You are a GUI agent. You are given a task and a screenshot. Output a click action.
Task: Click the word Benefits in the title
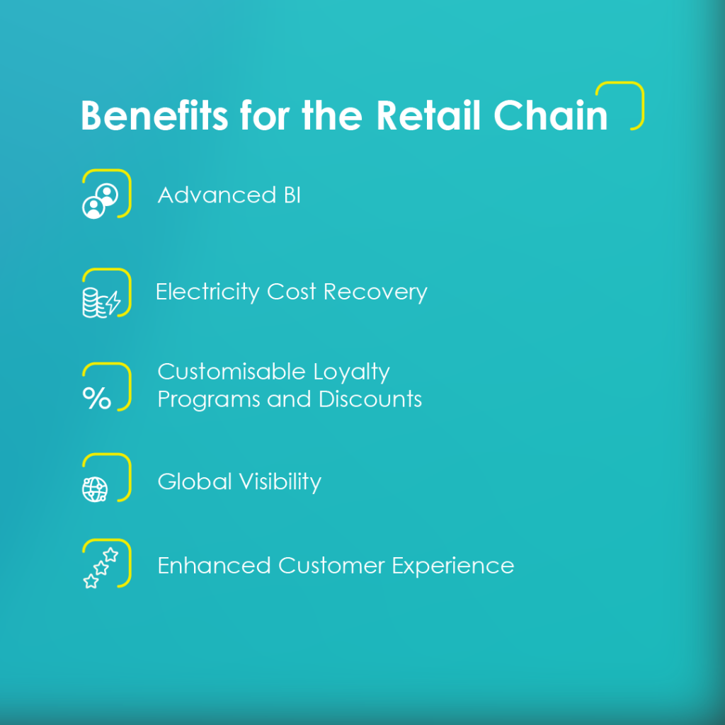click(x=154, y=115)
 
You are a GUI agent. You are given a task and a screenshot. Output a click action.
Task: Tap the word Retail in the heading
click(x=428, y=115)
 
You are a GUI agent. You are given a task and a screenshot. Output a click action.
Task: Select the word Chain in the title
click(x=550, y=115)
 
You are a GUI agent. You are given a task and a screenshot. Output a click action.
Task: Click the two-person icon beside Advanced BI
click(x=100, y=201)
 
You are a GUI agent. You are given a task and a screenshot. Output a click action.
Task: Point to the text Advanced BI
click(x=229, y=195)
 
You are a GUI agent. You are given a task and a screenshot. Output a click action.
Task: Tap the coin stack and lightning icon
click(x=101, y=303)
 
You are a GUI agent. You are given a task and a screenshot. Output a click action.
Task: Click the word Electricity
click(x=207, y=292)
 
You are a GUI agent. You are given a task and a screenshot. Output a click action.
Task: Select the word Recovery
click(x=375, y=292)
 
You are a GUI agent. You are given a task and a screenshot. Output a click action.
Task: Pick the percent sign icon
click(x=96, y=398)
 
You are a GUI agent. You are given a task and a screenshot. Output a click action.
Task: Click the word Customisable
click(x=232, y=371)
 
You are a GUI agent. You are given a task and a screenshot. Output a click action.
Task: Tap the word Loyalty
click(x=351, y=372)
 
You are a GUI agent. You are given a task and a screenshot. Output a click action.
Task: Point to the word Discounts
click(x=370, y=399)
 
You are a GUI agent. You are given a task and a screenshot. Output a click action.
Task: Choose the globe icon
click(x=95, y=489)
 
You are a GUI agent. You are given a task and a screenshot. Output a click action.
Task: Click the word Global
click(x=195, y=481)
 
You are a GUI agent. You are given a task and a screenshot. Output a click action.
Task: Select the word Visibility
click(x=280, y=482)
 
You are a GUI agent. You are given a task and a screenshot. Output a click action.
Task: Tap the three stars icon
click(x=101, y=568)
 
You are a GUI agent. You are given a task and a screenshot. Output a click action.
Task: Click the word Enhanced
click(x=214, y=566)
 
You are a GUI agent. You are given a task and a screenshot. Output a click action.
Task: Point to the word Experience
click(x=453, y=566)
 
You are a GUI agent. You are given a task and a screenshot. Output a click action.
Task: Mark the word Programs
click(x=209, y=400)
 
